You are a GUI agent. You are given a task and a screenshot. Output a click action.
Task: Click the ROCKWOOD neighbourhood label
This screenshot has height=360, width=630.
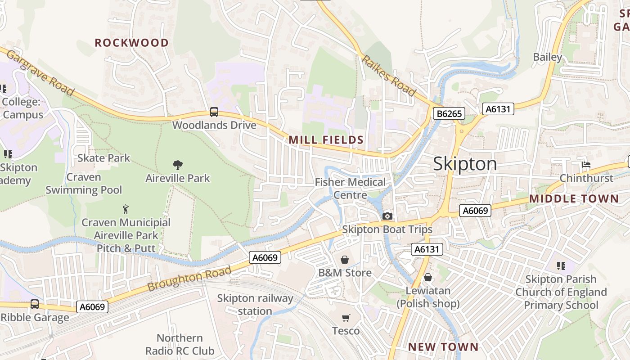coord(131,43)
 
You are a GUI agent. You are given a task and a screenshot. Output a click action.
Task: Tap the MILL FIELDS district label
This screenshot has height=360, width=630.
coord(326,140)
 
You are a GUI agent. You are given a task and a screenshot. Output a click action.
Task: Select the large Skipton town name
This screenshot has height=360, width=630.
coord(465,164)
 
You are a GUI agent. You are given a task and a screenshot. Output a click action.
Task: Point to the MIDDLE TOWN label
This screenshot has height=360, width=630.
coord(574,198)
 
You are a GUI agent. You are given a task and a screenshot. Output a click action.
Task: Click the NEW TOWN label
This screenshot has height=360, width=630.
coord(443,347)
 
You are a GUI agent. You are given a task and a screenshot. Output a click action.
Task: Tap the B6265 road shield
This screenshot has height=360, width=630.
coord(449,114)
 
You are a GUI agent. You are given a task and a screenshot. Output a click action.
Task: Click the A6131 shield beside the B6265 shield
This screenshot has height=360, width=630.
coord(498,108)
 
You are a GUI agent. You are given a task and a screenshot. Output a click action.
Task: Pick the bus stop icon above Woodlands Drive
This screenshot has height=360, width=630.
coord(214,112)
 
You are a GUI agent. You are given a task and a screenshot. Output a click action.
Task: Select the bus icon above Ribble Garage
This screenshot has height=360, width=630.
coord(35,304)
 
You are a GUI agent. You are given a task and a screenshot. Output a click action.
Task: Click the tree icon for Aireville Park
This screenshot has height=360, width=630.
coord(178,165)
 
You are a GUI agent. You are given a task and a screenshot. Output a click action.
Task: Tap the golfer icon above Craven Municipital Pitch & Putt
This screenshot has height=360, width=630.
coord(126,209)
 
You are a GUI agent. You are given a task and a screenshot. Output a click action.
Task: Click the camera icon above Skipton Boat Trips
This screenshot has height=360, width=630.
coord(387,216)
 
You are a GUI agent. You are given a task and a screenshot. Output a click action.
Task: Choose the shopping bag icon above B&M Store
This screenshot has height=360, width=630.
coord(345,260)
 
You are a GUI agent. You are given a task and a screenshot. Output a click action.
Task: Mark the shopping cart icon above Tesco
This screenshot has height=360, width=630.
coord(346,318)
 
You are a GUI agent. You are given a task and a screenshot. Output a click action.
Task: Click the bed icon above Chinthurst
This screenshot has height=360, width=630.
coord(586,165)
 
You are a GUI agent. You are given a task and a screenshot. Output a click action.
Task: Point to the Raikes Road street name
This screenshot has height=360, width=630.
coord(388,76)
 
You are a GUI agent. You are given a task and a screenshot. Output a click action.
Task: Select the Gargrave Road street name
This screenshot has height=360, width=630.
coord(40,73)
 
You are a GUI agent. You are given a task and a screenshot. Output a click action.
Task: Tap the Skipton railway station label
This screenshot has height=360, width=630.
coord(255,305)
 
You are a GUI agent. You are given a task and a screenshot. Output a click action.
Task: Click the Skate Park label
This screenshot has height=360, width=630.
coord(103,158)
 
